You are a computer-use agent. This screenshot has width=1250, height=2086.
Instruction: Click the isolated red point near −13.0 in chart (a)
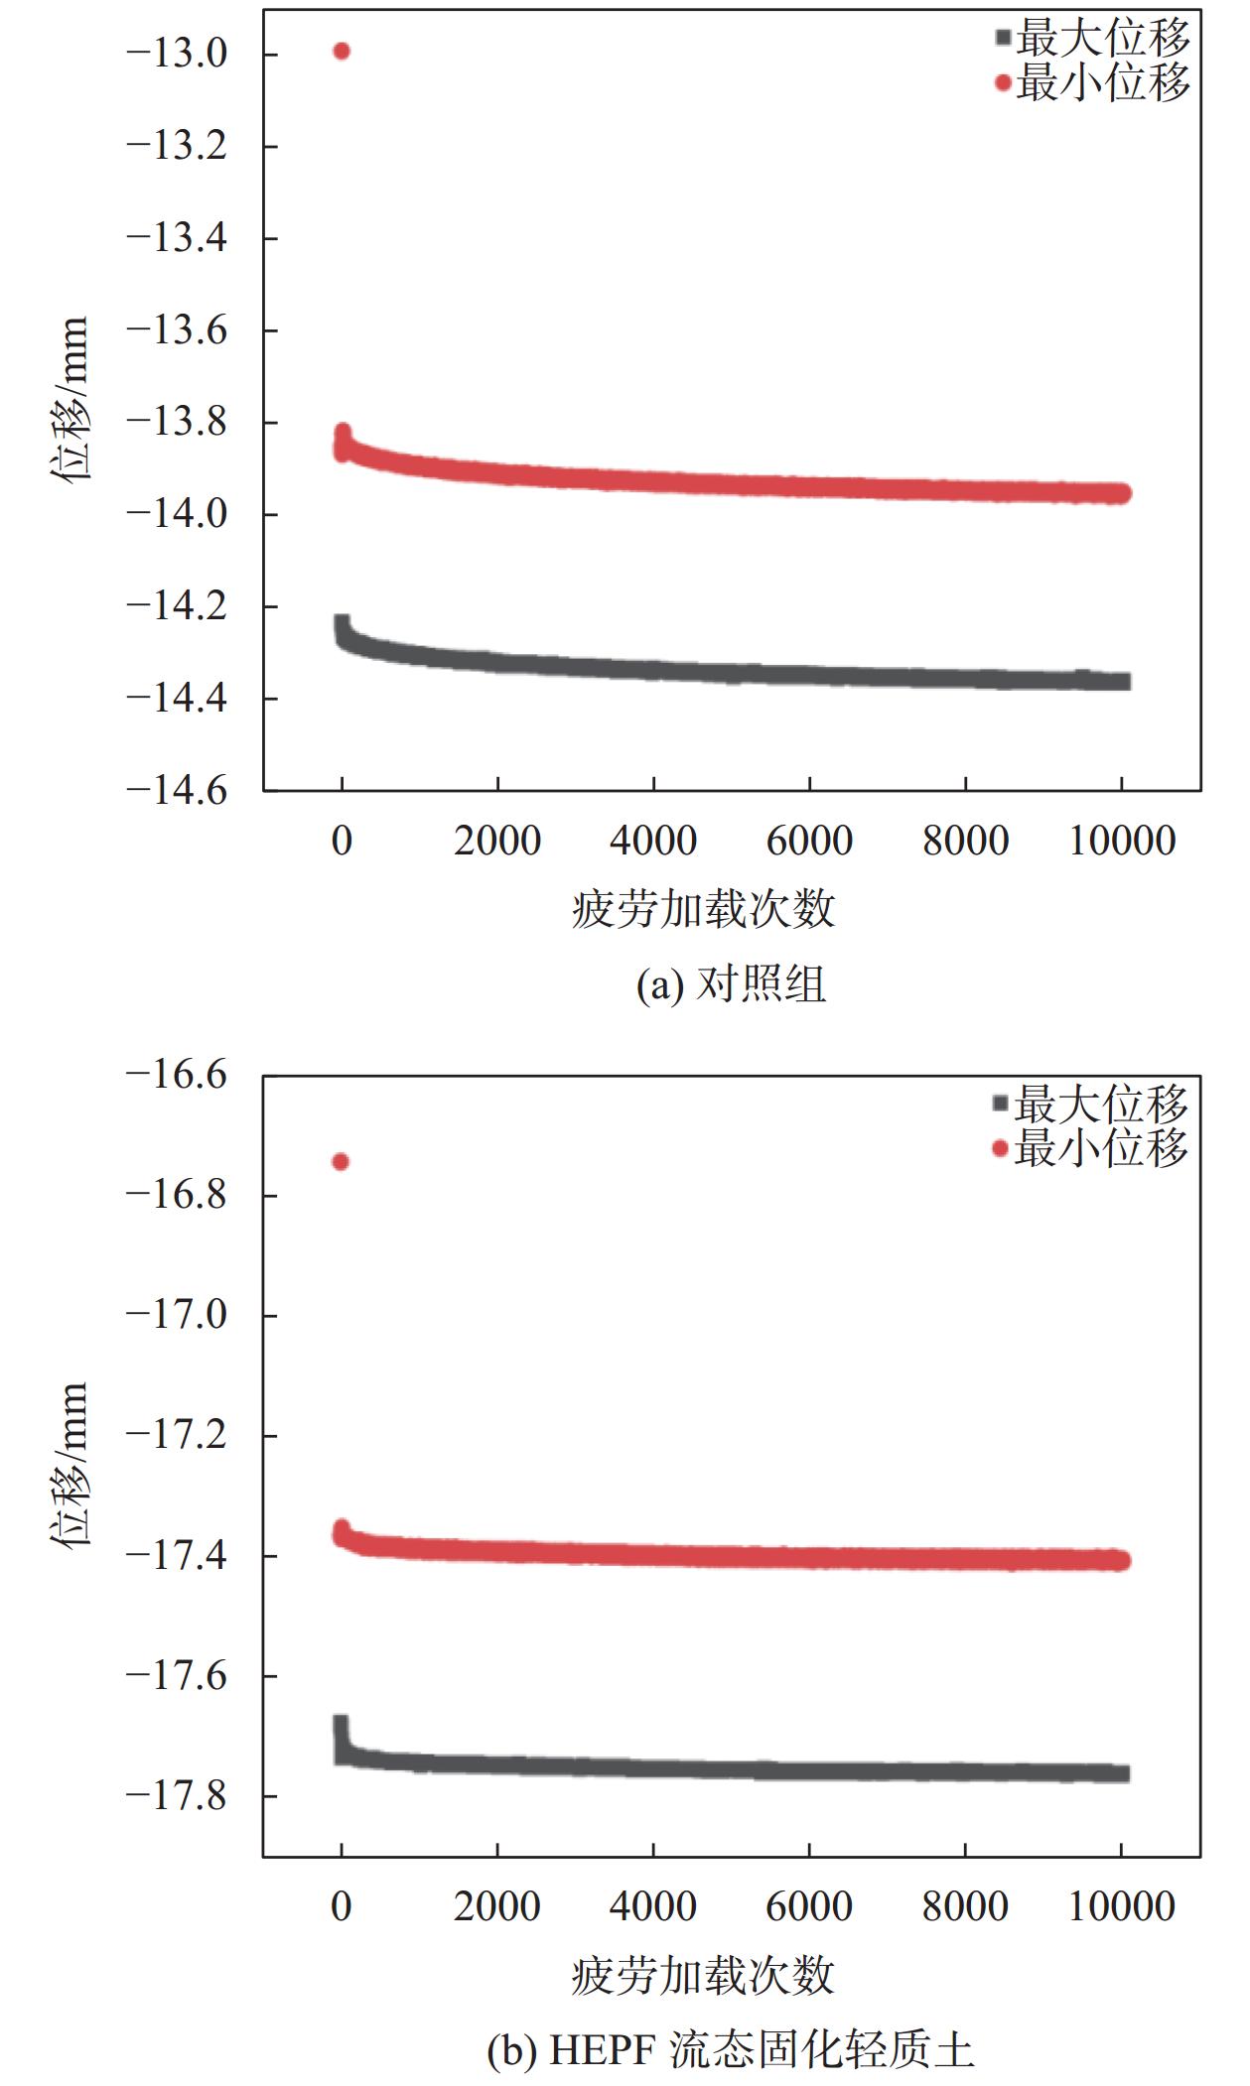click(342, 51)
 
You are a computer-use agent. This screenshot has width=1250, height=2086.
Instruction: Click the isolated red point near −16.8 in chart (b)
click(341, 1161)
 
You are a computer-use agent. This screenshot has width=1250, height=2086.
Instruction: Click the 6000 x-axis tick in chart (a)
click(809, 841)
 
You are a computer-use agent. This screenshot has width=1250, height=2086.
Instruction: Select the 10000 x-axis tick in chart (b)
click(1121, 1906)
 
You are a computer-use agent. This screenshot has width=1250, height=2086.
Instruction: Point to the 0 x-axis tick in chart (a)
click(342, 841)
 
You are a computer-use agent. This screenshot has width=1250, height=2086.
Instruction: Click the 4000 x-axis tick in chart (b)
click(652, 1906)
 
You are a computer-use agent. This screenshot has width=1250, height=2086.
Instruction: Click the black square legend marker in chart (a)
click(1003, 38)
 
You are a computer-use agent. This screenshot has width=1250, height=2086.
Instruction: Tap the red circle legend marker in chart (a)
click(1003, 83)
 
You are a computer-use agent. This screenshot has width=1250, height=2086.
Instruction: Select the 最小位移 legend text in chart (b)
click(1101, 1148)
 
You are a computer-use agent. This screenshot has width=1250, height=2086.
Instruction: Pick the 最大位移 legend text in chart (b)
click(1101, 1104)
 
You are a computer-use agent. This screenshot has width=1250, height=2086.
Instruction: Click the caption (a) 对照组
click(731, 984)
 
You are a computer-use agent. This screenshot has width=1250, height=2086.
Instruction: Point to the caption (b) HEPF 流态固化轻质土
click(731, 2050)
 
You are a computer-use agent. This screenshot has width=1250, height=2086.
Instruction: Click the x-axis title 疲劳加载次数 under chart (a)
click(703, 909)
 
